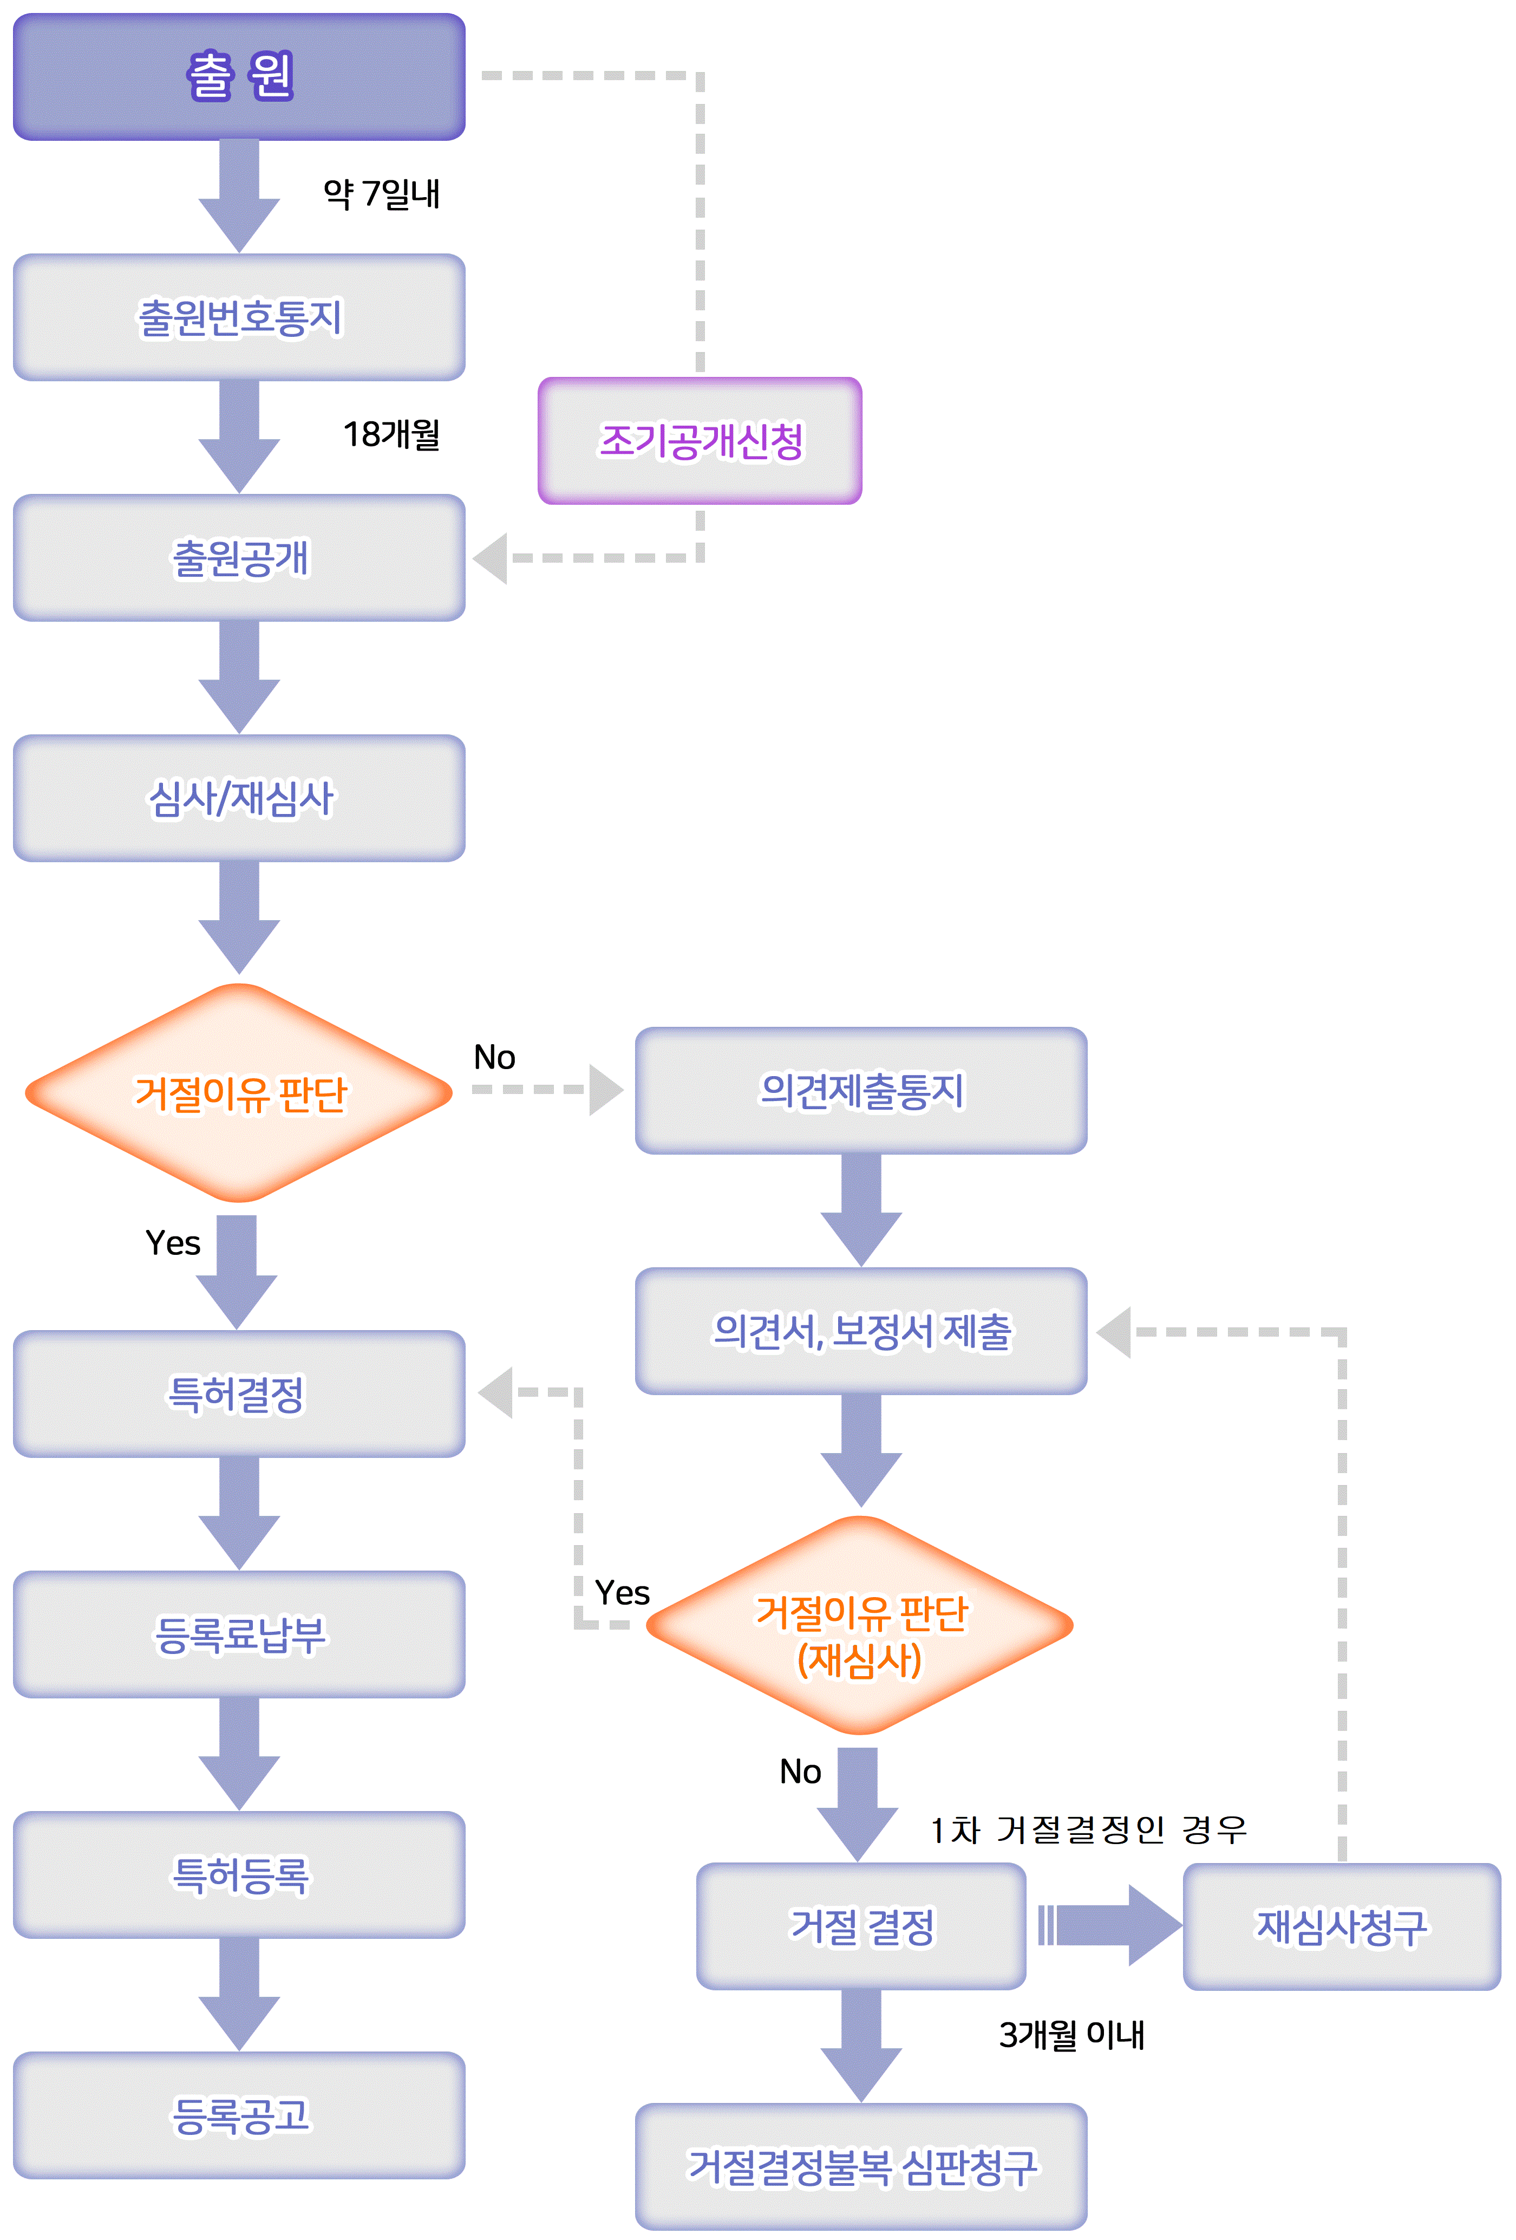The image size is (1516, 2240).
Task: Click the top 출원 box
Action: tap(239, 76)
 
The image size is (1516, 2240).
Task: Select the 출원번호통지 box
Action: tap(239, 317)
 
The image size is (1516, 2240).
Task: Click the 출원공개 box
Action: tap(239, 558)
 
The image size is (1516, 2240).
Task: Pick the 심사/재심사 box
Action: tap(239, 798)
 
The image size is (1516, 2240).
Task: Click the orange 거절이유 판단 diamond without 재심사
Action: tap(239, 1093)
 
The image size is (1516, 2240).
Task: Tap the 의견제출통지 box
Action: tap(861, 1090)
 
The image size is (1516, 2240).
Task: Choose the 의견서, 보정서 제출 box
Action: tap(861, 1331)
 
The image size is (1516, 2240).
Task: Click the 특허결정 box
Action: tap(239, 1394)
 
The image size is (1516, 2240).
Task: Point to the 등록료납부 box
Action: tap(239, 1634)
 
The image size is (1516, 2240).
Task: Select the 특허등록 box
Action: tap(239, 1874)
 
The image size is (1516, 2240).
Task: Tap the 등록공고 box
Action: tap(239, 2115)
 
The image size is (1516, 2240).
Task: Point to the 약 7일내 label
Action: tap(382, 194)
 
